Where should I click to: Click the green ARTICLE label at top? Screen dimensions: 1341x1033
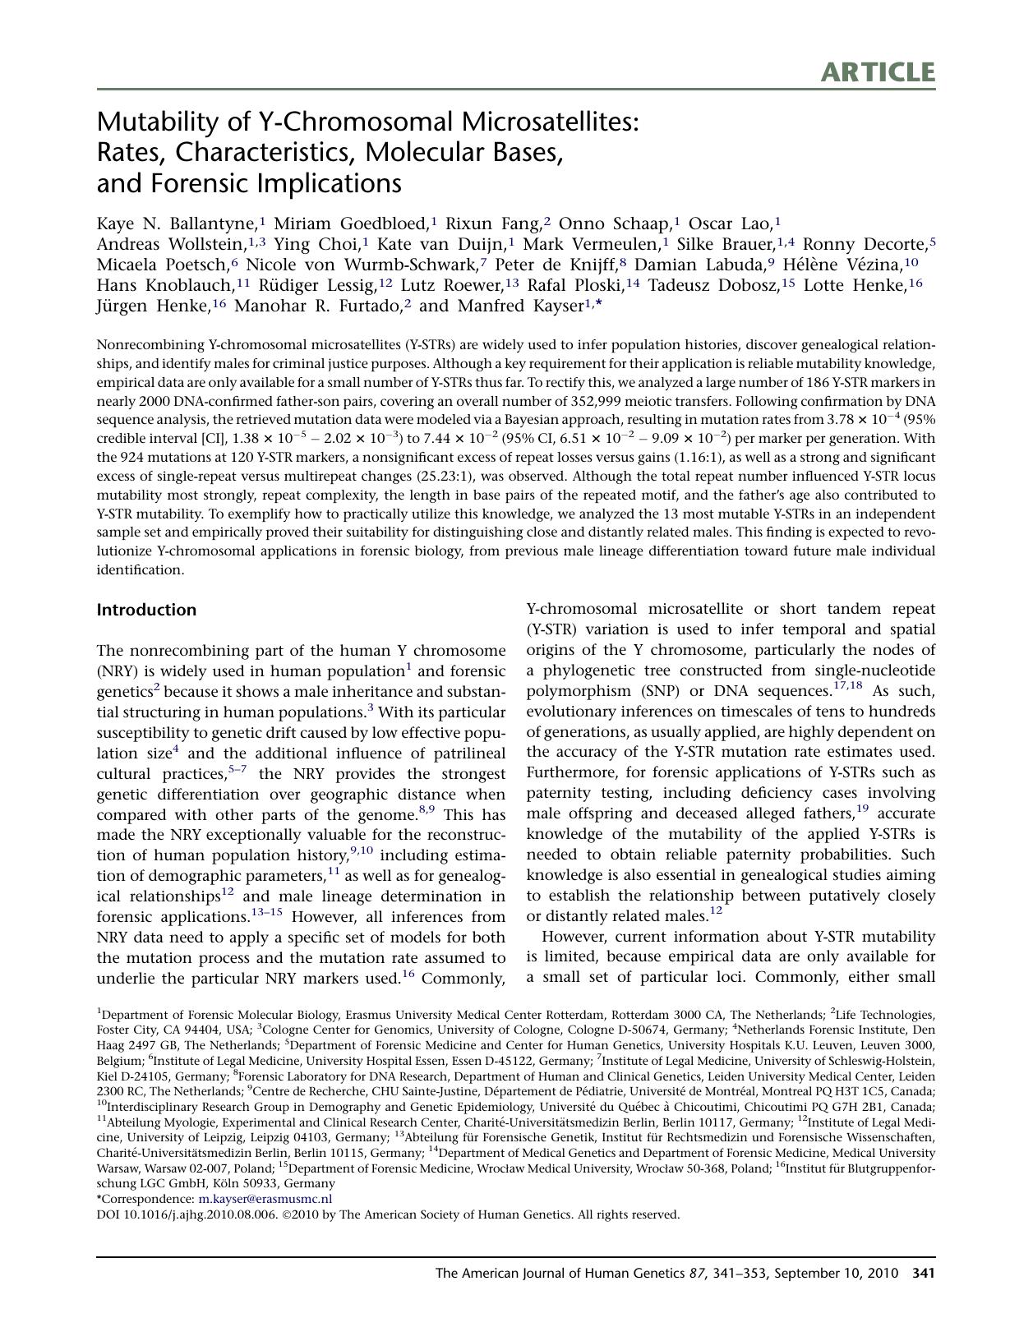pos(877,72)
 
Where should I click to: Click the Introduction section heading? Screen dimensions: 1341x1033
pos(146,610)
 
